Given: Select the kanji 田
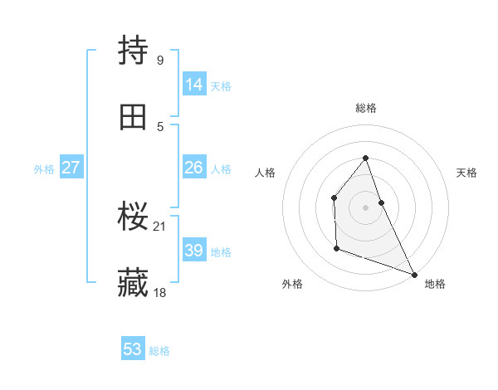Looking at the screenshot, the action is pyautogui.click(x=134, y=118).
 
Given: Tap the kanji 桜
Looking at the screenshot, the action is pyautogui.click(x=134, y=217).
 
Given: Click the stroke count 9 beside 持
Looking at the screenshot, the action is pyautogui.click(x=159, y=60).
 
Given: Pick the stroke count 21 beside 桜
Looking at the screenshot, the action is pyautogui.click(x=161, y=226).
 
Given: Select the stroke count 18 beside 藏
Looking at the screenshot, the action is pyautogui.click(x=161, y=292).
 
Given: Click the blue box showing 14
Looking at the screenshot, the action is pyautogui.click(x=194, y=85).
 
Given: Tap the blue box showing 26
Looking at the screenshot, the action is pyautogui.click(x=194, y=168).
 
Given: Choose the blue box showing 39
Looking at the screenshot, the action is pyautogui.click(x=194, y=251).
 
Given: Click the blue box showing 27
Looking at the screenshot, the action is pyautogui.click(x=71, y=168).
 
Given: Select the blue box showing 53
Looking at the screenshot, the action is pyautogui.click(x=133, y=349).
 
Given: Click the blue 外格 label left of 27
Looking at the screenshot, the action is pyautogui.click(x=44, y=169).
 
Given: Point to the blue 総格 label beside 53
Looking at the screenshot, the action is pyautogui.click(x=160, y=351).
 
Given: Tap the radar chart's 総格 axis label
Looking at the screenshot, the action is pyautogui.click(x=366, y=108).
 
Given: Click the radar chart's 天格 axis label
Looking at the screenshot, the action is pyautogui.click(x=467, y=173).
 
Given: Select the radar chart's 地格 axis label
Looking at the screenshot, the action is pyautogui.click(x=435, y=284).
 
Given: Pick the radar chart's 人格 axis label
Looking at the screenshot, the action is pyautogui.click(x=266, y=173).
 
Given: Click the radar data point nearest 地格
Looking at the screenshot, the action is pyautogui.click(x=414, y=275).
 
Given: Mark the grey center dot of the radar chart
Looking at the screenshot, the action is pyautogui.click(x=365, y=207).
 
